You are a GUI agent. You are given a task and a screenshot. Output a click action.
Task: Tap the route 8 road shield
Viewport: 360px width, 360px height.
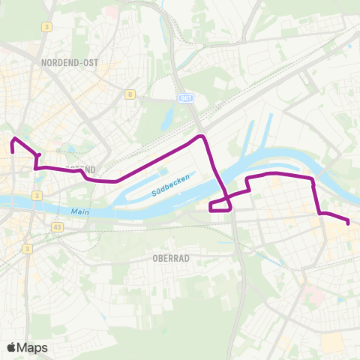(130, 94)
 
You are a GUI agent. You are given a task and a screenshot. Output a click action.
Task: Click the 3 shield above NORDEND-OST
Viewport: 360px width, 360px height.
(47, 27)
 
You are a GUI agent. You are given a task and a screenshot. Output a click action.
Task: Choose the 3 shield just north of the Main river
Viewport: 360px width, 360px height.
(36, 196)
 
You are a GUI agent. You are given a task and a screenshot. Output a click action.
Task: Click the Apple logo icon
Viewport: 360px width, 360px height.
(13, 347)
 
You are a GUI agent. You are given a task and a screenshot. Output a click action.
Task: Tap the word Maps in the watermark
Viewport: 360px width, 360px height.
(33, 347)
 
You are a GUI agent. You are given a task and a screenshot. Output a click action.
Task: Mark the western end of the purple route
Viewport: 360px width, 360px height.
(13, 151)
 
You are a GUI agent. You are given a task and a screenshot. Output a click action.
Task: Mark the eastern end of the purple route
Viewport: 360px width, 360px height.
(348, 222)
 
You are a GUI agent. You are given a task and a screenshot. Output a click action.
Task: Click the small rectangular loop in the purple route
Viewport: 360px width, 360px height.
(220, 205)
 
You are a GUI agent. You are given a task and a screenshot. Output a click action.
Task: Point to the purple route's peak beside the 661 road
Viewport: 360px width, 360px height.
(201, 137)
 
